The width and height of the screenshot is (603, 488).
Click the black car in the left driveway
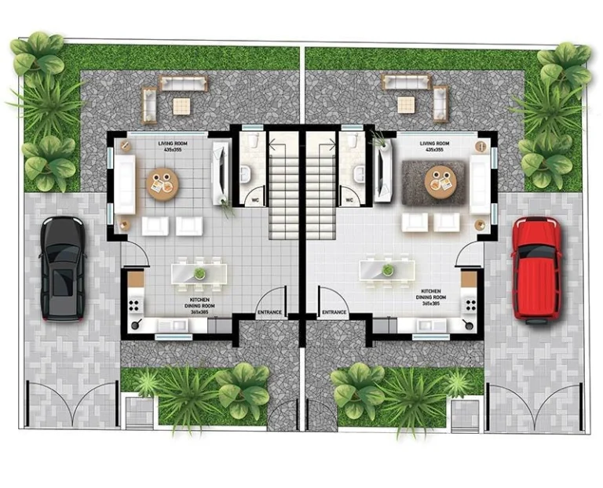point(63,269)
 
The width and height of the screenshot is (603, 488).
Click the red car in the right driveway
point(535,269)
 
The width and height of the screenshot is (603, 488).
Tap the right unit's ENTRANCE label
point(334,313)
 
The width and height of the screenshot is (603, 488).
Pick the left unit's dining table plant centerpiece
point(200,273)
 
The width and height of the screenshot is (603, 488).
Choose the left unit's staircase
point(283,188)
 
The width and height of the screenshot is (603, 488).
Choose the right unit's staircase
point(320,188)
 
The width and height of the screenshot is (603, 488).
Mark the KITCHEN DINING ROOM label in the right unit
point(431,298)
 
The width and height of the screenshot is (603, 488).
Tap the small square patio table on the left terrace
point(182,105)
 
